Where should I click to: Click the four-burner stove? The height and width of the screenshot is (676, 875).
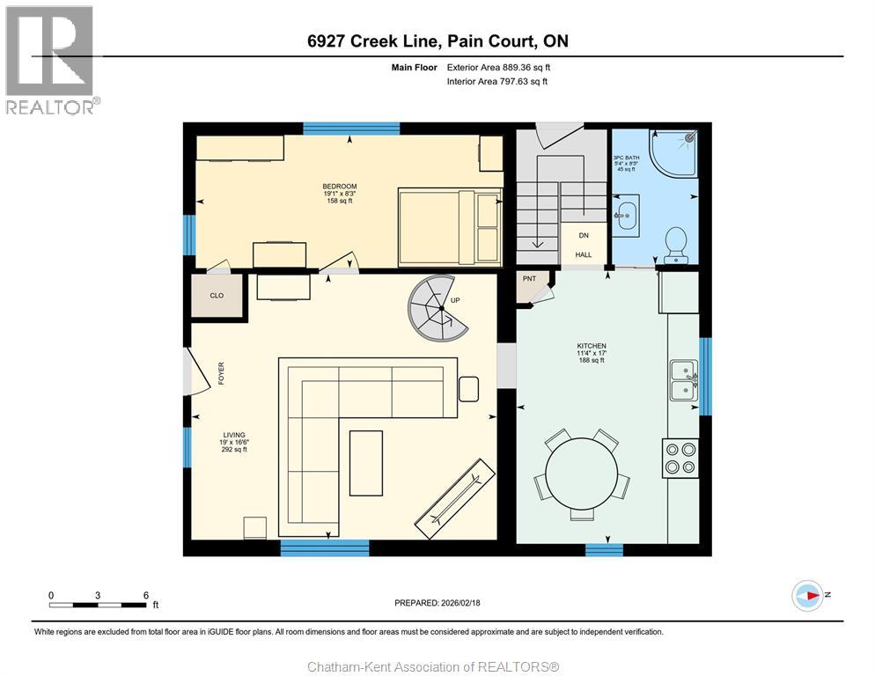pos(680,458)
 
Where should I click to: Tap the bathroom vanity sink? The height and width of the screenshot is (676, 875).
pos(627,213)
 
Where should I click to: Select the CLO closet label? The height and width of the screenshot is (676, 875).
pos(216,295)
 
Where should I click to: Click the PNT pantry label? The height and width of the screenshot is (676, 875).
pos(529,279)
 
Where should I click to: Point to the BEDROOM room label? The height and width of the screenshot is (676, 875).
pos(339,187)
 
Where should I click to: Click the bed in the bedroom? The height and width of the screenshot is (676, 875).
pos(450,225)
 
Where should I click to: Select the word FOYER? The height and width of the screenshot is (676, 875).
pos(221,373)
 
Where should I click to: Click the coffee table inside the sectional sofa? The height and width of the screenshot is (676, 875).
pos(365,463)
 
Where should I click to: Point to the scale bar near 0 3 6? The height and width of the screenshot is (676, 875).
pos(98,605)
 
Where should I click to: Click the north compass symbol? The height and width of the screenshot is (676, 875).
pos(807,596)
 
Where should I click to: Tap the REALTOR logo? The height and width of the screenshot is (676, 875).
pos(50,60)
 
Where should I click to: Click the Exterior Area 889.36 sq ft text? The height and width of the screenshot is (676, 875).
pos(498,67)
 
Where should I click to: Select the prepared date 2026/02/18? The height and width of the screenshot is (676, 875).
pos(437,603)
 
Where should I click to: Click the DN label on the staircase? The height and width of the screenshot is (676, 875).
pos(583,236)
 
